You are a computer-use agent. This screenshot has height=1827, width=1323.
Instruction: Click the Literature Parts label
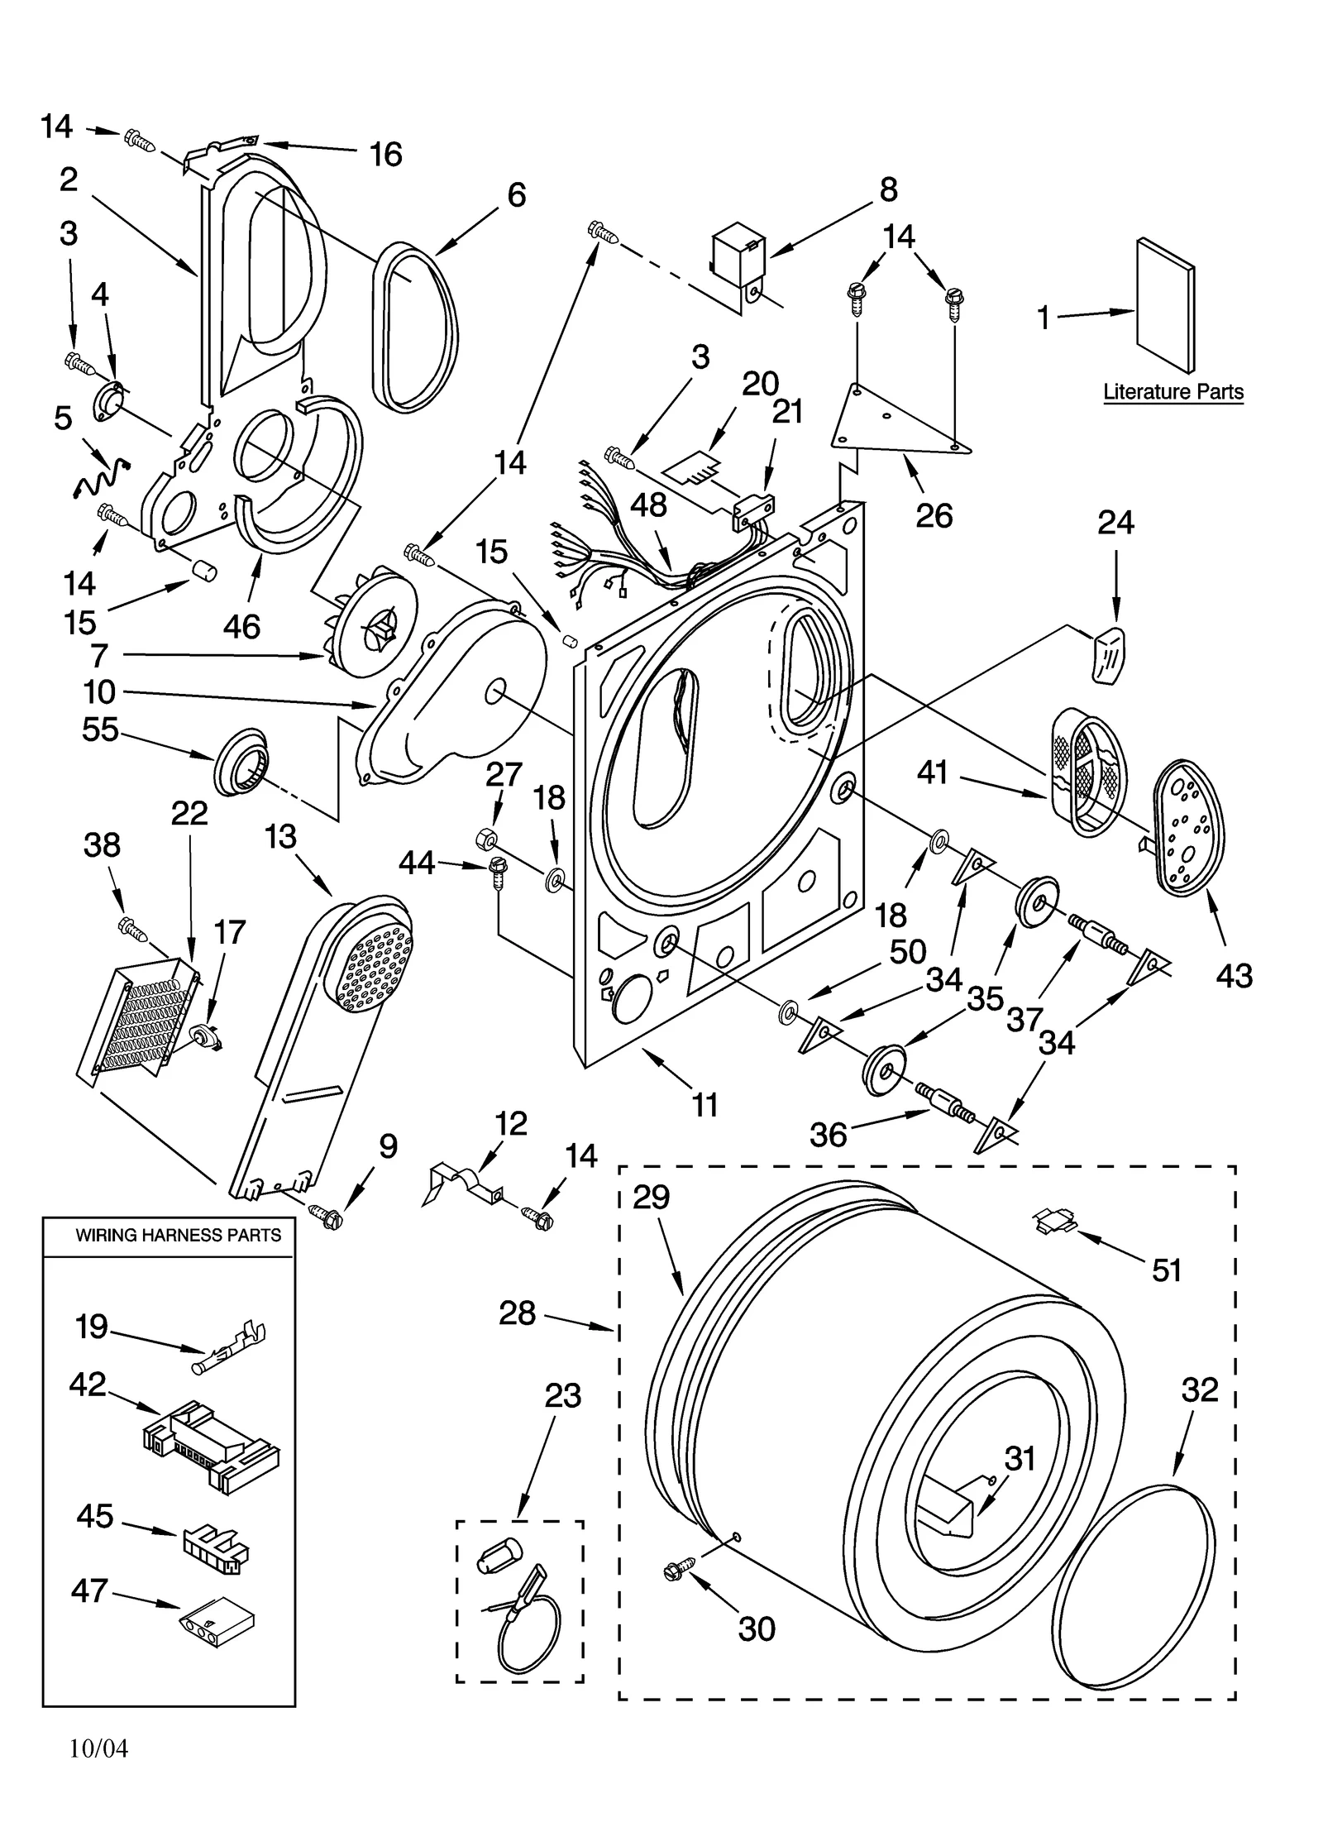pyautogui.click(x=1173, y=391)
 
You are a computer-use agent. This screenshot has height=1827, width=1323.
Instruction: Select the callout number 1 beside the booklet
pyautogui.click(x=1044, y=317)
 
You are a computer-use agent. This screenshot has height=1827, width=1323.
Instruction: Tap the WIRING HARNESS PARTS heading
pyautogui.click(x=178, y=1235)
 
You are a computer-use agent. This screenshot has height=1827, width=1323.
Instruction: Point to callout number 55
pyautogui.click(x=99, y=729)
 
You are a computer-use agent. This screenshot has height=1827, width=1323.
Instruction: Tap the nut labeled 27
pyautogui.click(x=486, y=840)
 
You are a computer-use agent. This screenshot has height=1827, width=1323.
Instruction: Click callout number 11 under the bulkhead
pyautogui.click(x=704, y=1104)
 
